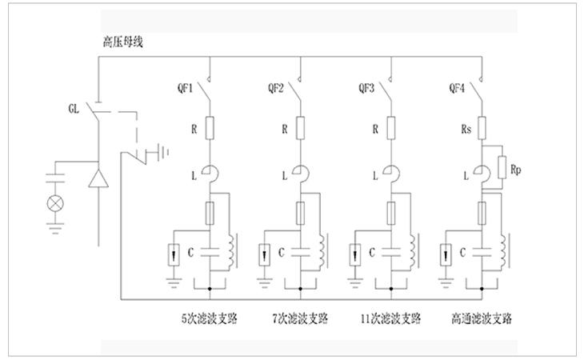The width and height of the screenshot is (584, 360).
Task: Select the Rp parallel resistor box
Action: click(502, 167)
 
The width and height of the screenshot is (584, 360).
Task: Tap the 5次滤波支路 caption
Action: click(209, 318)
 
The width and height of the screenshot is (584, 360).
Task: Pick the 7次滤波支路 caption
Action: click(299, 318)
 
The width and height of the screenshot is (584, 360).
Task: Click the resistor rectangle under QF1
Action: click(210, 127)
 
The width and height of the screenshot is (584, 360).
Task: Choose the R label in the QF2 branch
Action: click(284, 127)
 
